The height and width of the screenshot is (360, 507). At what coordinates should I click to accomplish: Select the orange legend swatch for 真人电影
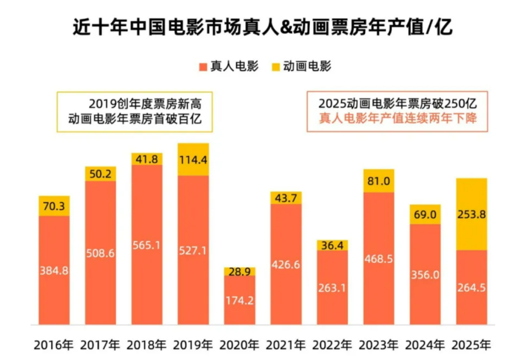pyautogui.click(x=203, y=67)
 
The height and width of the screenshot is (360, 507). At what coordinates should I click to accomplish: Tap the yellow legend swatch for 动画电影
pyautogui.click(x=276, y=67)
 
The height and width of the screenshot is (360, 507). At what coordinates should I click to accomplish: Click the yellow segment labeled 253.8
pyautogui.click(x=471, y=214)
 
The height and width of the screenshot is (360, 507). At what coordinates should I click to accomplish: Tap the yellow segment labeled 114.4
pyautogui.click(x=193, y=160)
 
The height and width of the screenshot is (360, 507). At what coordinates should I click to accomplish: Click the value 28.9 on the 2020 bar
pyautogui.click(x=239, y=272)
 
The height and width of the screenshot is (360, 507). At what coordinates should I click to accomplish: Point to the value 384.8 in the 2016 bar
pyautogui.click(x=54, y=272)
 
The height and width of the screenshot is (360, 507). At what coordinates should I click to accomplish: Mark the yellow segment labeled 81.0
pyautogui.click(x=378, y=181)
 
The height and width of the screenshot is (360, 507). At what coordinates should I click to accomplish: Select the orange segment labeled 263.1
pyautogui.click(x=332, y=287)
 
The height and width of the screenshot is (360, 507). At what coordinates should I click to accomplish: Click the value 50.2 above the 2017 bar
pyautogui.click(x=100, y=174)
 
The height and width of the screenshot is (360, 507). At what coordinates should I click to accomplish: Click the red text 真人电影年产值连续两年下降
pyautogui.click(x=398, y=118)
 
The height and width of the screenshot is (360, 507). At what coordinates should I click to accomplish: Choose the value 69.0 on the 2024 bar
pyautogui.click(x=425, y=214)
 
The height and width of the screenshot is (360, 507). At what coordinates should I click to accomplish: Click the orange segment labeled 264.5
pyautogui.click(x=471, y=287)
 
